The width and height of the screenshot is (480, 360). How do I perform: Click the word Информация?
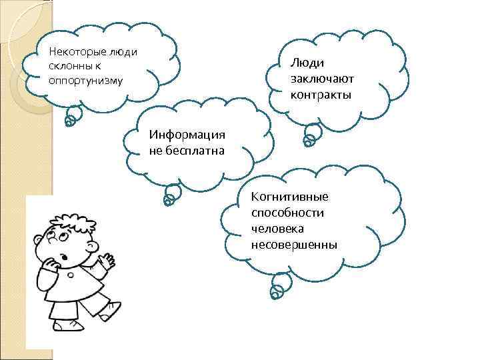(188, 135)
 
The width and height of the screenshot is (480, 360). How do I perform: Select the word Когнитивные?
(290, 197)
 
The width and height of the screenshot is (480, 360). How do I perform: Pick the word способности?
(288, 213)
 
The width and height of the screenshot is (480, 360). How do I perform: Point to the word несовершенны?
(294, 245)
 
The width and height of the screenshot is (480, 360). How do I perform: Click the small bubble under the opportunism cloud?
(69, 120)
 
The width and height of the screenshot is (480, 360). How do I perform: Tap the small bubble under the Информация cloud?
(169, 198)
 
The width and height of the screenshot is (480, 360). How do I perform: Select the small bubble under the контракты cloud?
(309, 140)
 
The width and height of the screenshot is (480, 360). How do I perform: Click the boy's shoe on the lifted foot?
(113, 309)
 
